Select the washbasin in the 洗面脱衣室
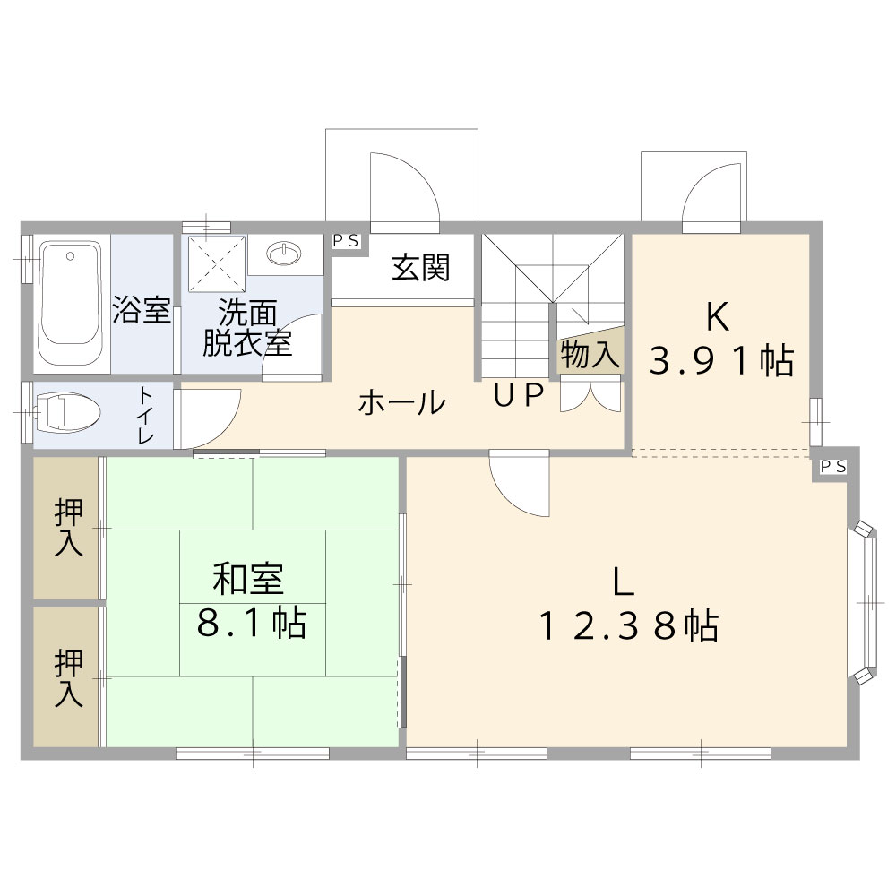click(285, 254)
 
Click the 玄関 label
click(420, 268)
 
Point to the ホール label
click(401, 402)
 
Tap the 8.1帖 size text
click(252, 623)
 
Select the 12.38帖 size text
click(628, 626)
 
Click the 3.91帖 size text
click(721, 360)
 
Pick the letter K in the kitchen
click(718, 316)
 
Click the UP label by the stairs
click(518, 395)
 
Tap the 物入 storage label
click(590, 355)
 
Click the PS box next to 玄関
click(346, 241)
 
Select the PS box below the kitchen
click(832, 467)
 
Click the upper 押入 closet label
click(69, 527)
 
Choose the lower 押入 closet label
click(69, 677)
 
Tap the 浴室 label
click(142, 310)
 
